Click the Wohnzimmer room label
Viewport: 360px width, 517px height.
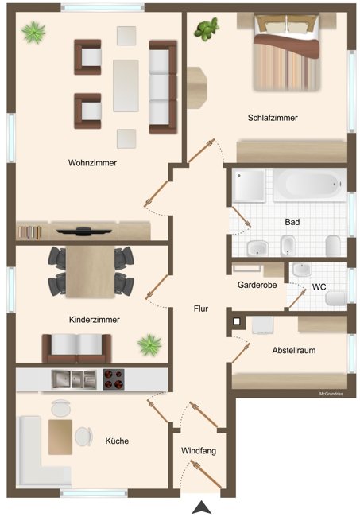pos(92,163)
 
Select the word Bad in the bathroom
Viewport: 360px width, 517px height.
pos(292,223)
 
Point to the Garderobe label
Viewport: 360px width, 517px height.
pos(257,285)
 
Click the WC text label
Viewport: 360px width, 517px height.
pos(319,286)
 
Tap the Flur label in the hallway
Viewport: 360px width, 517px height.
pos(200,308)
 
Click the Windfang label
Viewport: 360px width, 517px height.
pos(199,451)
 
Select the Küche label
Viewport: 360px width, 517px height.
pos(117,441)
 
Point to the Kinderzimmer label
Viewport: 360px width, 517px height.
pos(95,319)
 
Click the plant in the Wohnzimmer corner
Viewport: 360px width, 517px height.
pos(34,33)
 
